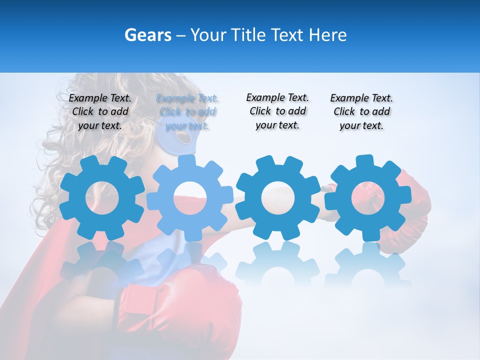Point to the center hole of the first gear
(x=102, y=197)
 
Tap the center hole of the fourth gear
(x=368, y=197)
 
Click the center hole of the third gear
(x=277, y=197)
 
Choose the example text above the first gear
(x=100, y=111)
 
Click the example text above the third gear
(x=277, y=111)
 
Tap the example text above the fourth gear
(x=361, y=111)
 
